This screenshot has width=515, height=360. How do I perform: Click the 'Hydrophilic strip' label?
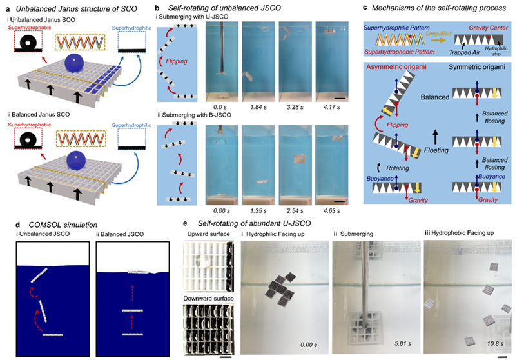(496, 65)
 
